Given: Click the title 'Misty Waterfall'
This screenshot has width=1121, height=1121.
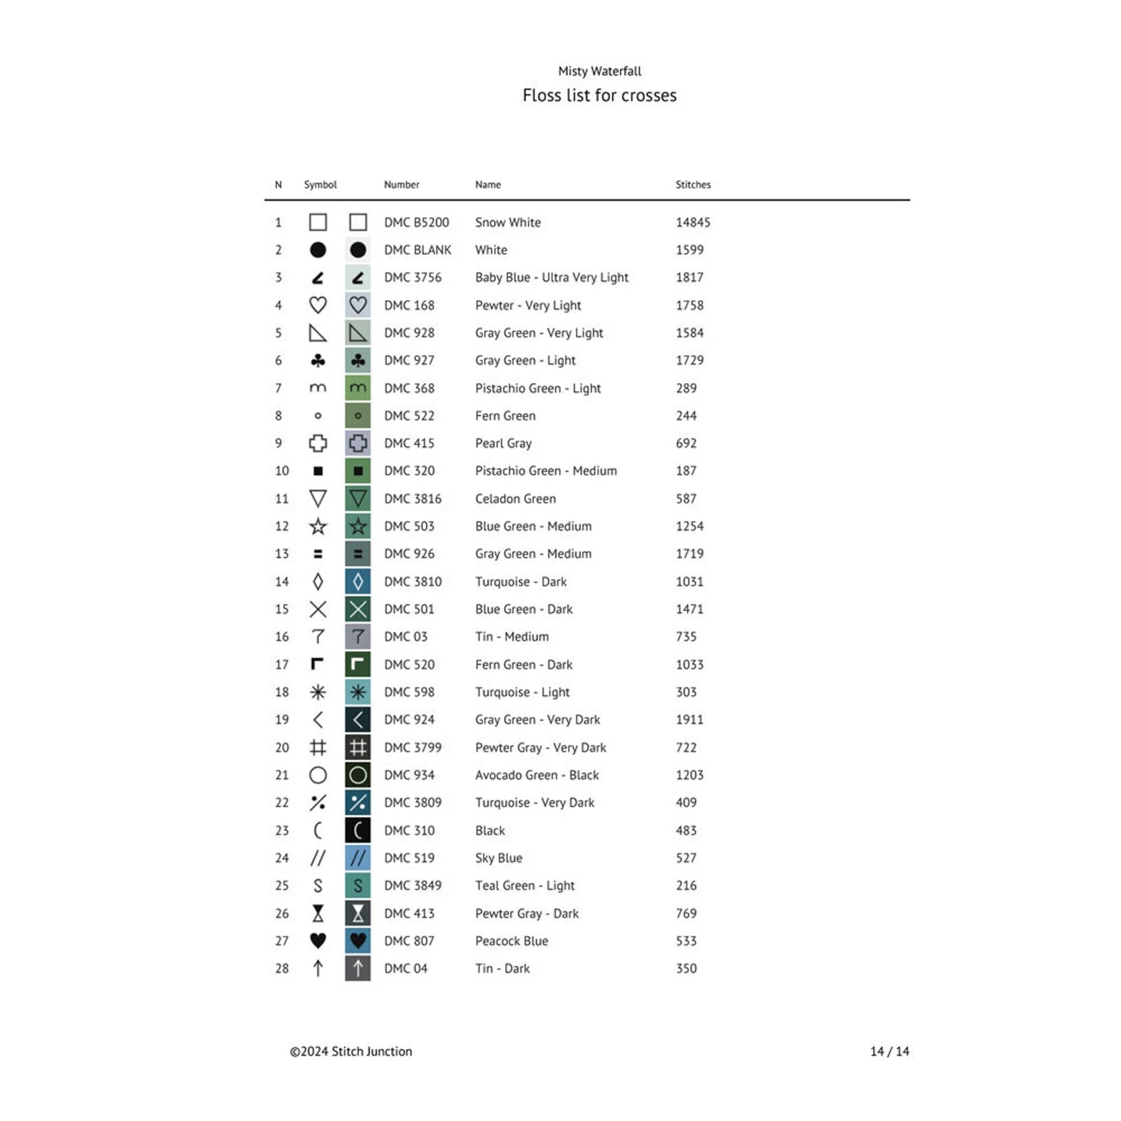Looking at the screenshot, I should click(x=600, y=71).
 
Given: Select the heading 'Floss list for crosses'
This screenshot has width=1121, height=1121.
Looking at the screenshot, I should click(x=600, y=95).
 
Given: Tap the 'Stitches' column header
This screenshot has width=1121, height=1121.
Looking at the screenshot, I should click(x=693, y=185).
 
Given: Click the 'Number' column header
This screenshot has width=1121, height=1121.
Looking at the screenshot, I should click(x=401, y=185).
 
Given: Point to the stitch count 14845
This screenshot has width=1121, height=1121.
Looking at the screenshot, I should click(x=693, y=223).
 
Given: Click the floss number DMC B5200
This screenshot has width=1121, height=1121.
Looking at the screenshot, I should click(x=417, y=223).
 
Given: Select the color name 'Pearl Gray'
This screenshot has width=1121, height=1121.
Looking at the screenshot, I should click(x=503, y=444).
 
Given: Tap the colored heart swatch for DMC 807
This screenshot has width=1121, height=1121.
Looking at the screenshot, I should click(x=358, y=941).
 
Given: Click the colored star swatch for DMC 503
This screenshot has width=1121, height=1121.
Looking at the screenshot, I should click(x=358, y=527).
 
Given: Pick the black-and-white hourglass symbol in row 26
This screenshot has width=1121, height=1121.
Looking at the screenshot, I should click(x=318, y=914).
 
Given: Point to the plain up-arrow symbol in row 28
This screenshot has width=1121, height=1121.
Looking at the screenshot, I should click(x=318, y=969).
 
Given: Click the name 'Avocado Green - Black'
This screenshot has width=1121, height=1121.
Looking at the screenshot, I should click(x=537, y=775).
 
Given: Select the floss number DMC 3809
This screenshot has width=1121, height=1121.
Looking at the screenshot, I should click(x=413, y=803).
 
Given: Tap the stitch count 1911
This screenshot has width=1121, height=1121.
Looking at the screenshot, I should click(x=690, y=720).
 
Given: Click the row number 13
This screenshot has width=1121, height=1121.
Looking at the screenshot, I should click(x=282, y=554).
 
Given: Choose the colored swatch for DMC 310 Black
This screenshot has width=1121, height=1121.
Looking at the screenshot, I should click(x=358, y=831).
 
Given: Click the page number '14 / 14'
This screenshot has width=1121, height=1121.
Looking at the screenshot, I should click(x=890, y=1052).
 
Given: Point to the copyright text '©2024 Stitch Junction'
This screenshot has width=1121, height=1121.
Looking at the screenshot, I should click(x=351, y=1052).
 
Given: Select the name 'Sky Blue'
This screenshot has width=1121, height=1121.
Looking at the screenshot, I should click(x=499, y=858).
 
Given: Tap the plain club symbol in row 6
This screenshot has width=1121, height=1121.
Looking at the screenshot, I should click(x=318, y=361).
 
